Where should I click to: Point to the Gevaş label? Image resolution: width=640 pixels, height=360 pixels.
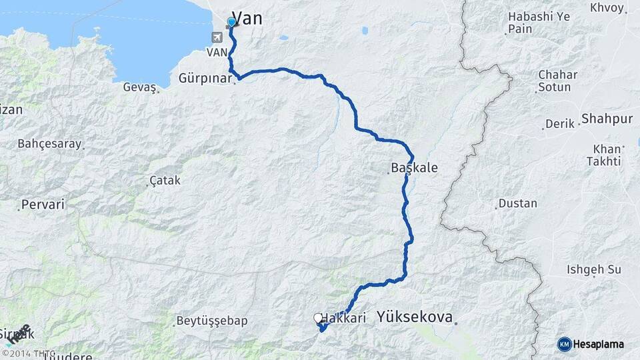[x=139, y=87]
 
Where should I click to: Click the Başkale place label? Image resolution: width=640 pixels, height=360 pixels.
[x=414, y=167]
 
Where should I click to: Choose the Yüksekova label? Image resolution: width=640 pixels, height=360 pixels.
[x=414, y=317]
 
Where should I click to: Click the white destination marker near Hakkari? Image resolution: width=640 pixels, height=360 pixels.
[x=318, y=319]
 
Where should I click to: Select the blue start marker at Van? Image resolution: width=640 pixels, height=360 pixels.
[x=231, y=22]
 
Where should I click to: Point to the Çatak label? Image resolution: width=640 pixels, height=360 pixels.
[x=165, y=180]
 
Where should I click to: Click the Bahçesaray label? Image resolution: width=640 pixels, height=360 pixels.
[x=49, y=143]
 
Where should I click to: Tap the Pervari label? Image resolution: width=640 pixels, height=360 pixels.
[x=43, y=204]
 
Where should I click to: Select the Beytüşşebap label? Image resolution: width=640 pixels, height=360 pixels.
[x=211, y=321]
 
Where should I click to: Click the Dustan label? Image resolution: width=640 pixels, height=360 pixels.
[x=517, y=203]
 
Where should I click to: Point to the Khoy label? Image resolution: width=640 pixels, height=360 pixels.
[x=607, y=8]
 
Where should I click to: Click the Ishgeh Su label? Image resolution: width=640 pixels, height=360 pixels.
[x=593, y=269]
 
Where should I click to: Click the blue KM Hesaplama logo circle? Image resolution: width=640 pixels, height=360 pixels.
[x=565, y=344]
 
